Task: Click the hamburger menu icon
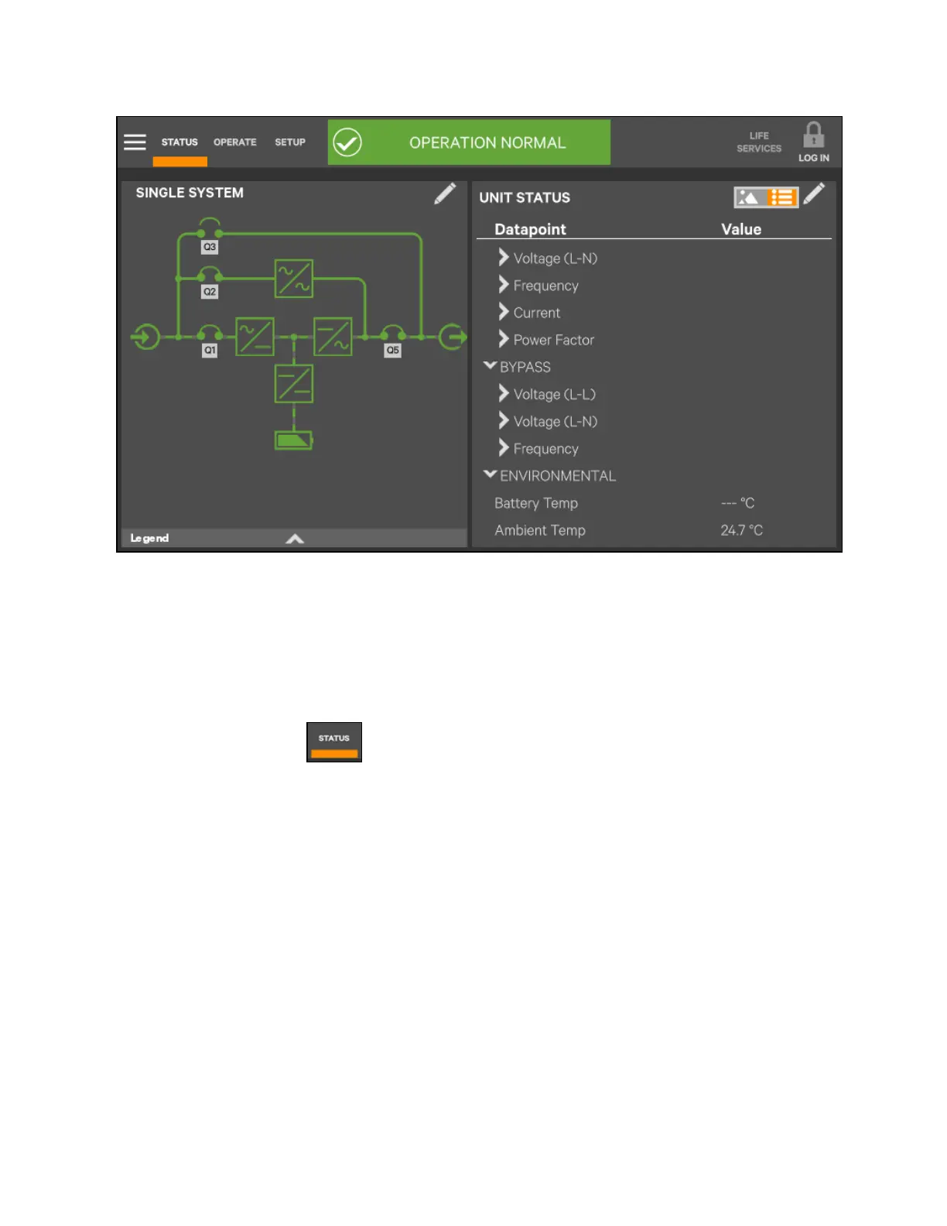(135, 142)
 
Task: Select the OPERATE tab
(234, 142)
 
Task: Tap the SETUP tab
(290, 142)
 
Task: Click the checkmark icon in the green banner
(347, 142)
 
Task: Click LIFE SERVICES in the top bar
(758, 142)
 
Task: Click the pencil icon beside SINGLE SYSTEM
(445, 193)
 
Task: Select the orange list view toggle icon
(781, 197)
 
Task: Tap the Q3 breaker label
(210, 247)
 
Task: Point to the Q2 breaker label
(210, 292)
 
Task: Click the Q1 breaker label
(210, 351)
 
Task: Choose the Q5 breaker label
(393, 351)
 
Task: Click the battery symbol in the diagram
(294, 440)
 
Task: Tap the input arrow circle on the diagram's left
(145, 337)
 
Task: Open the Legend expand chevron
(295, 539)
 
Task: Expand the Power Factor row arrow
(504, 339)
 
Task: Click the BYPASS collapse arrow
(490, 366)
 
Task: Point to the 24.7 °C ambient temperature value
(741, 530)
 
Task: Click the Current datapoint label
(536, 313)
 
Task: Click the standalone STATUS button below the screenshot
(334, 742)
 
